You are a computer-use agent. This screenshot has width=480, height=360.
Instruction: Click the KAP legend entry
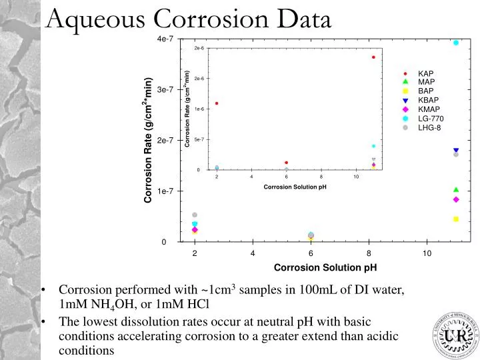425,73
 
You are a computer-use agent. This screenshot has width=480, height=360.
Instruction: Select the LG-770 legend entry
430,119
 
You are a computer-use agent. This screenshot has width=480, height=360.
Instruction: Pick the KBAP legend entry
428,100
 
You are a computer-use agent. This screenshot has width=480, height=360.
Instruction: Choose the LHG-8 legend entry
429,128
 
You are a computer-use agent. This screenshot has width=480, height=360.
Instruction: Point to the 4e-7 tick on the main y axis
165,39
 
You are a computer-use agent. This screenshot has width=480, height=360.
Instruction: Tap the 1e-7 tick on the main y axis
165,191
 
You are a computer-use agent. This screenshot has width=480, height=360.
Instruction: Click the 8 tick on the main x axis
369,253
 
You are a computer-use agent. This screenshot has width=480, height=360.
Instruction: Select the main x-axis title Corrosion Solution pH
325,268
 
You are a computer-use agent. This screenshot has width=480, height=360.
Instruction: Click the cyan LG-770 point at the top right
456,43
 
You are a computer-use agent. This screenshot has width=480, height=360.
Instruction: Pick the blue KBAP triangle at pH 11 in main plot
456,151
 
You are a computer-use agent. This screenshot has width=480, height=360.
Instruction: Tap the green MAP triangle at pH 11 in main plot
456,190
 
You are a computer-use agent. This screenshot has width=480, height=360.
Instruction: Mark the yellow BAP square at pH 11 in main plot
456,219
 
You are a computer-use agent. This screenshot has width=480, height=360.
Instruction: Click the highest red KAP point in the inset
373,57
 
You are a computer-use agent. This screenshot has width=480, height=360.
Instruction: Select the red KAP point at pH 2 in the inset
217,103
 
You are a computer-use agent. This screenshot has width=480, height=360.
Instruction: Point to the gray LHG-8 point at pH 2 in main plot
195,215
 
